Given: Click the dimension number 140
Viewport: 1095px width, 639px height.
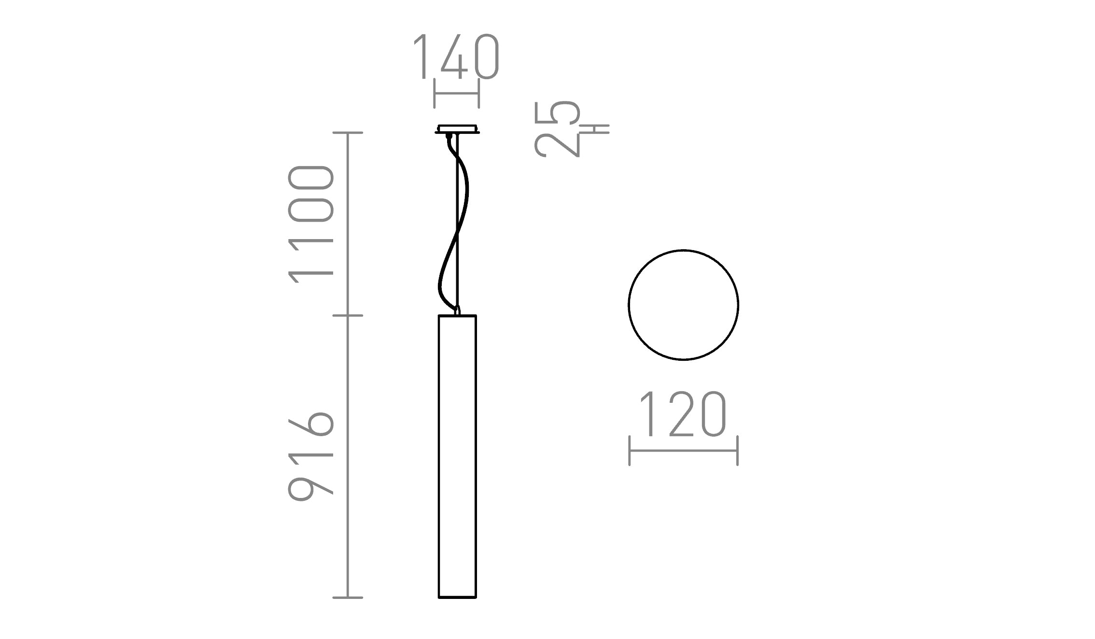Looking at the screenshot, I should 456,57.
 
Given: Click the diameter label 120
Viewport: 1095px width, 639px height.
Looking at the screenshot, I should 683,414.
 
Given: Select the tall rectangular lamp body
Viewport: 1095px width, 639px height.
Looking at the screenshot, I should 457,456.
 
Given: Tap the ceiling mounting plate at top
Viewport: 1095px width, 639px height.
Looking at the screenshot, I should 457,129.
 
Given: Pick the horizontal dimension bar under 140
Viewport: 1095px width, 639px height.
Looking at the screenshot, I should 456,93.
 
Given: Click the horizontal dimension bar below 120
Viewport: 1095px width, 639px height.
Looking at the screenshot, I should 683,451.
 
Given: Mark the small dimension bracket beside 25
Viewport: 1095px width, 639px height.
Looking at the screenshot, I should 596,129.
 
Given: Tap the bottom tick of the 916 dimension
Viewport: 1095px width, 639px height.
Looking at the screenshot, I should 348,598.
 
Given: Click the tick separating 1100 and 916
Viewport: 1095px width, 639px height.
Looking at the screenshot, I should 348,315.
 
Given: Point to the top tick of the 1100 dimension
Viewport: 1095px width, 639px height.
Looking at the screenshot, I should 348,132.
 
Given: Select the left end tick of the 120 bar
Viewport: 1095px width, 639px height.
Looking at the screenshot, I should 630,451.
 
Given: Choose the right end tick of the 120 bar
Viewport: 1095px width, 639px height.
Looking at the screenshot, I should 737,451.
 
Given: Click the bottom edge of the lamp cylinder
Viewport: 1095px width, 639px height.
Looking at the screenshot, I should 457,597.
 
